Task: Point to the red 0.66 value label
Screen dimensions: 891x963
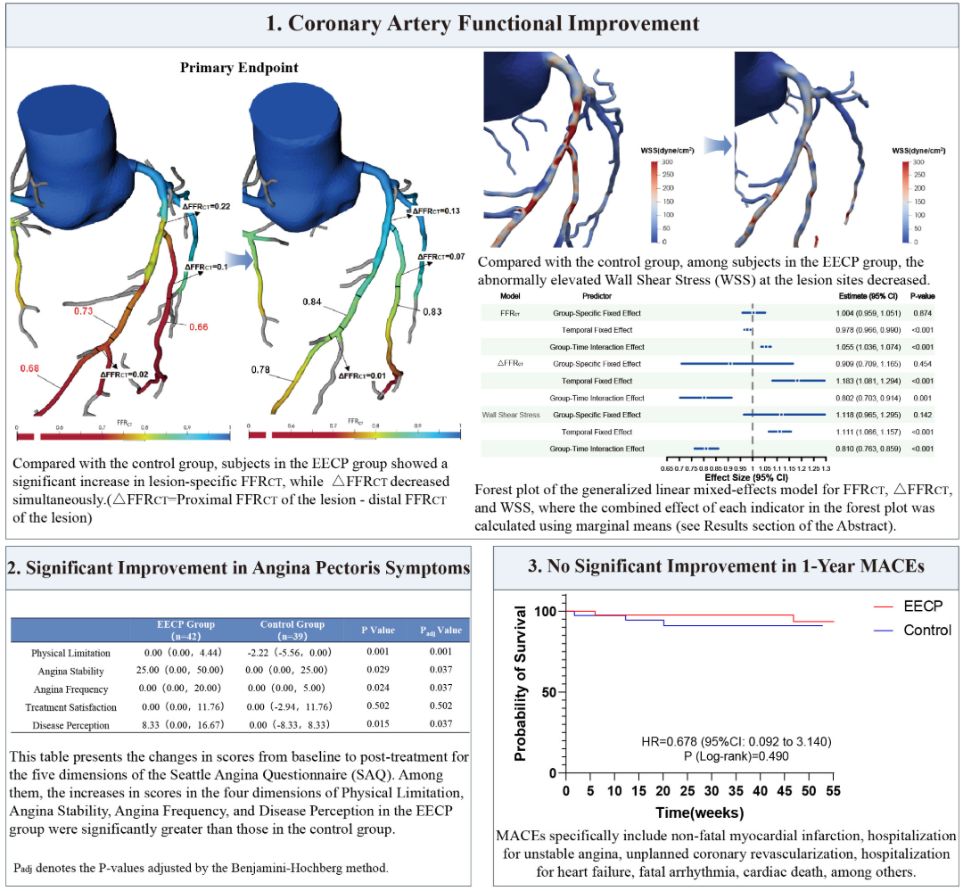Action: pos(198,328)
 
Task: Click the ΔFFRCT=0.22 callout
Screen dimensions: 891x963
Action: pos(207,206)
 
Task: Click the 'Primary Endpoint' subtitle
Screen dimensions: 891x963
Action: pos(239,67)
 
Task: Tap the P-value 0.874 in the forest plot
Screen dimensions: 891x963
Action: pos(921,313)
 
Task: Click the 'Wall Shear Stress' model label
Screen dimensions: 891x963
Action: pos(511,415)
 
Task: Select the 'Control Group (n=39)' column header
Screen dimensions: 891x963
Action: pos(292,631)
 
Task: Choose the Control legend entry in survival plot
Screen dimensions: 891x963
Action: pos(927,630)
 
